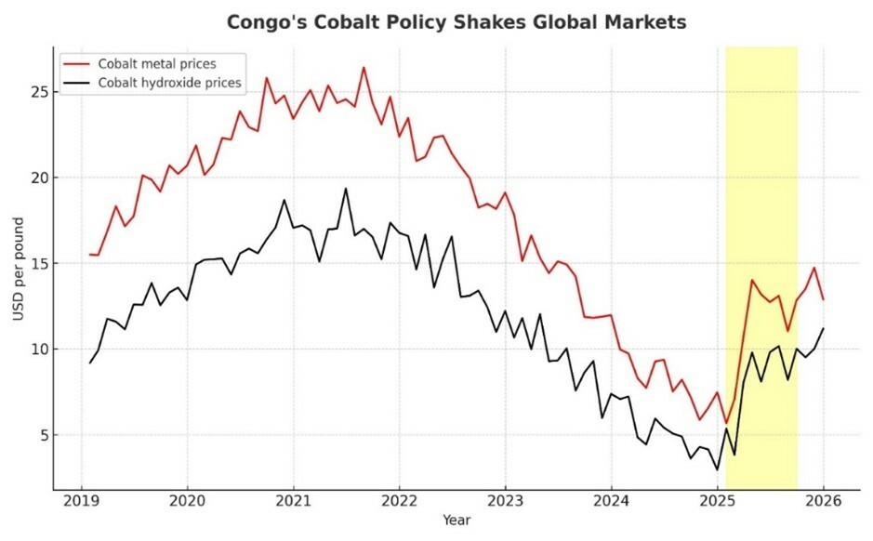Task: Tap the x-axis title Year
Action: [456, 521]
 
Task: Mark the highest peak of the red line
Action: [364, 67]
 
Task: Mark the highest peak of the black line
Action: [346, 189]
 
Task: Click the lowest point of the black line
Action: [717, 469]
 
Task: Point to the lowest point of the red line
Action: [726, 423]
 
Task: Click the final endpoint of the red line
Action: [824, 299]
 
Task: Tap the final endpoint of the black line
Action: [824, 328]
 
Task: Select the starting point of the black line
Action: [90, 363]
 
